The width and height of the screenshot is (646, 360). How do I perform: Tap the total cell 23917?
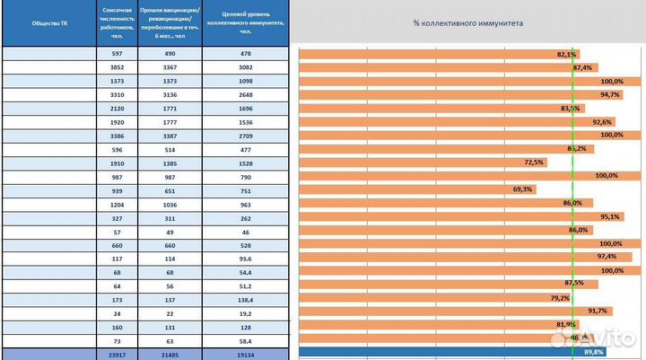point(118,354)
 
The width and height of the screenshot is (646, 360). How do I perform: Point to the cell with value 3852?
point(118,68)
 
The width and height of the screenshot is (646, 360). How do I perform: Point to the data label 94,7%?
point(610,95)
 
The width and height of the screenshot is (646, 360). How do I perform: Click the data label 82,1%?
point(566,55)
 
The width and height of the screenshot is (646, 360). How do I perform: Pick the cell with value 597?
point(118,55)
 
